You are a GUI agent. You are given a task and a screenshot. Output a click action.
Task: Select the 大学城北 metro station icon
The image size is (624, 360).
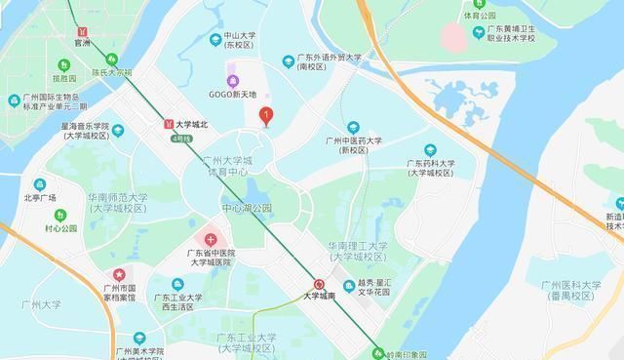pos(168,125)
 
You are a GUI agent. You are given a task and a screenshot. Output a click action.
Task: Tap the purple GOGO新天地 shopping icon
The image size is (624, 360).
pos(231,80)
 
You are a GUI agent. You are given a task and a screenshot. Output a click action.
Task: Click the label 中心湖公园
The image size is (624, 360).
pos(247,208)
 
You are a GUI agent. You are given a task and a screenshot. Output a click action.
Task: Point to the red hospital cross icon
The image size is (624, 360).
pos(210,239)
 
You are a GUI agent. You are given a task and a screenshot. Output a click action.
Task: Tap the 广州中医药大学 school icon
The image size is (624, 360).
pos(354,128)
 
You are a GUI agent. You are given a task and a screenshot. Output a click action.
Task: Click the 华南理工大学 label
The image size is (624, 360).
pos(357,246)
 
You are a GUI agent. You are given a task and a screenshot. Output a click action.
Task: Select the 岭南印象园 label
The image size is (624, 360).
pos(407,352)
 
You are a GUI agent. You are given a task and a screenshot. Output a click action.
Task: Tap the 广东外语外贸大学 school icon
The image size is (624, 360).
pos(288,61)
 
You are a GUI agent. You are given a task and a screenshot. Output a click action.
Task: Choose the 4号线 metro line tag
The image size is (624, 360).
pos(180,139)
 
